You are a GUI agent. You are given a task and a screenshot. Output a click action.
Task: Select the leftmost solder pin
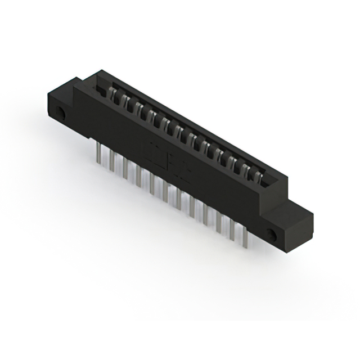pyautogui.click(x=100, y=153)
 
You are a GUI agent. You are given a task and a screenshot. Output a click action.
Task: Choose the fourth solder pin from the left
pyautogui.click(x=138, y=175)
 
